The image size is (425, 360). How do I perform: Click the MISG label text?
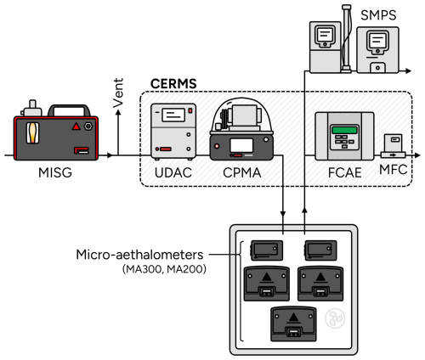[x=55, y=172]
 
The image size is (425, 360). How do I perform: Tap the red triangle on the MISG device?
[x=76, y=127]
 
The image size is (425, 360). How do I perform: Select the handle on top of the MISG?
[x=69, y=110]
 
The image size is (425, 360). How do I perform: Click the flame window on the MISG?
[x=32, y=133]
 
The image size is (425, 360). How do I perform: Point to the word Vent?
[x=118, y=93]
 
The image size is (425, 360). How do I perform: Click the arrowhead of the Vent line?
[x=118, y=112]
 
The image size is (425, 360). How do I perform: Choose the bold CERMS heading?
[x=173, y=84]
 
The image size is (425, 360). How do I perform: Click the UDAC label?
[x=173, y=172]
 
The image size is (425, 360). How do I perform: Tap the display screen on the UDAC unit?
[x=173, y=115]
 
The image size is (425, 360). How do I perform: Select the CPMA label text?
[x=241, y=172]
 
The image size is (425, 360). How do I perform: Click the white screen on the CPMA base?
[x=241, y=145]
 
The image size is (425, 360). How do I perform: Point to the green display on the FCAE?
[x=344, y=130]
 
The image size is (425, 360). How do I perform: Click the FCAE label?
[x=344, y=172]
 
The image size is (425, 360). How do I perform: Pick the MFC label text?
[x=393, y=170]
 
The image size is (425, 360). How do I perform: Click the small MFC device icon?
[x=393, y=146]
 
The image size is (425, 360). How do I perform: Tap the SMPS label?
[x=378, y=15]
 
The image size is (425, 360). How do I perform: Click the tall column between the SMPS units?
[x=347, y=38]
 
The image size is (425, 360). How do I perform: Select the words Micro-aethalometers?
[x=139, y=255]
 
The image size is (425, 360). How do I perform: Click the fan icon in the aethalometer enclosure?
[x=335, y=318]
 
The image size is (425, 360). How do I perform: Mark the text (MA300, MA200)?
[x=164, y=269]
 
